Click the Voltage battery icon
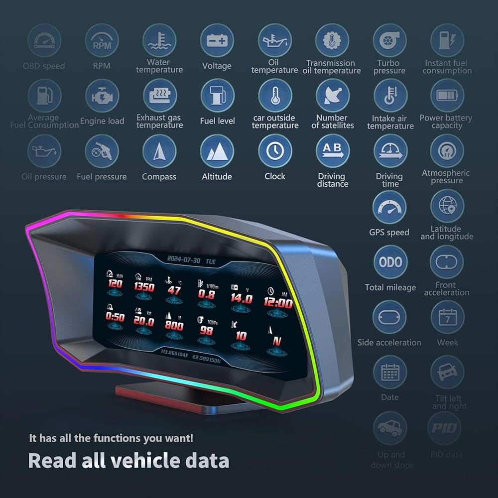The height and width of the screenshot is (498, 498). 217,40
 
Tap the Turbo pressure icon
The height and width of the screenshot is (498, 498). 390,40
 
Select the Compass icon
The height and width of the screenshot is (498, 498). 159,151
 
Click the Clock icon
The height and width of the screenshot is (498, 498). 275,151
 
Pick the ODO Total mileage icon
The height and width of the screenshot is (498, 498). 390,262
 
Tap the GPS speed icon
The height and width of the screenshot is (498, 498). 389,207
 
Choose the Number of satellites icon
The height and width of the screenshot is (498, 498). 333,96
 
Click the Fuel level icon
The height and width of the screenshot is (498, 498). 217,96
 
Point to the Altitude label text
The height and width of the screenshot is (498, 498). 217,176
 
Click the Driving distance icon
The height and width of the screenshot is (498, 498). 333,151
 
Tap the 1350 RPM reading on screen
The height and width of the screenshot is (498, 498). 144,287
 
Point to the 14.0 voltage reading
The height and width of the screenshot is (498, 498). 242,298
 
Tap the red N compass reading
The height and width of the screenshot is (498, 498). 277,341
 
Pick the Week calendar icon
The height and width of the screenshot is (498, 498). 447,317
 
